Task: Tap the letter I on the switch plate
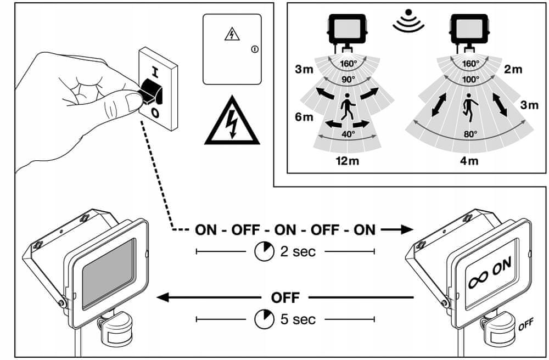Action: tap(155, 72)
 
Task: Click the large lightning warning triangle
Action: tap(232, 121)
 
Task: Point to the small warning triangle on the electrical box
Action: tap(232, 34)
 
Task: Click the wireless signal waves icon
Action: tap(408, 21)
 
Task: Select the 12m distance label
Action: tap(347, 161)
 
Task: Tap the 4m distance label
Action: tap(469, 161)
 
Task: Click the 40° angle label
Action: tap(348, 134)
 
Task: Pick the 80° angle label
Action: tap(470, 134)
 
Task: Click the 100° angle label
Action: tap(470, 80)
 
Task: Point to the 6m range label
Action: tap(304, 116)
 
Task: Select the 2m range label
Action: tap(513, 69)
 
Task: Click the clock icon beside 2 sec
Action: tap(265, 251)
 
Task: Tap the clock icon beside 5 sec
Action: tap(265, 319)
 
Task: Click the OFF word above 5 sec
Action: tap(285, 298)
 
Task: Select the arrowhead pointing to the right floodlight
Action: tap(407, 229)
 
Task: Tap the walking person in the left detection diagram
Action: tap(348, 106)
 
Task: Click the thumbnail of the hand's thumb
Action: tap(133, 102)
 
